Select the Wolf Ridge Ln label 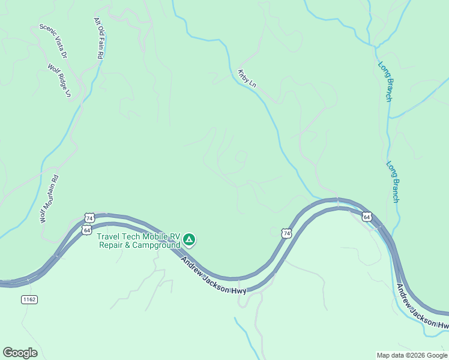point(60,82)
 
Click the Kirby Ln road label point(247,79)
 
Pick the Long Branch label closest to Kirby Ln point(385,81)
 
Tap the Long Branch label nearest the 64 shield point(393,182)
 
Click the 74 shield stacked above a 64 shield point(89,218)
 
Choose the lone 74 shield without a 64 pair point(286,233)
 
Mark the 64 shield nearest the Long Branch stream point(367,216)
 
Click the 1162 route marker point(28,299)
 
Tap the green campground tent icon point(189,241)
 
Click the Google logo point(20,353)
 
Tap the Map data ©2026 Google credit point(411,355)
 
